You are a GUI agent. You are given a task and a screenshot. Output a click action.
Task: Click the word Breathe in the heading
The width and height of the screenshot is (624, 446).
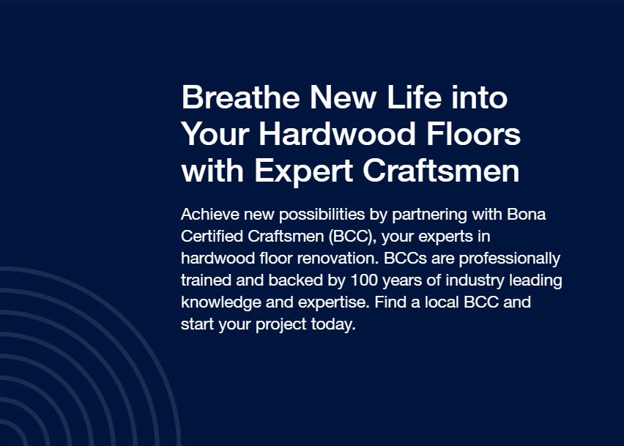241,97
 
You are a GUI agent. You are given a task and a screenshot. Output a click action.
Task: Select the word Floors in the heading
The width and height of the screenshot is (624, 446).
473,134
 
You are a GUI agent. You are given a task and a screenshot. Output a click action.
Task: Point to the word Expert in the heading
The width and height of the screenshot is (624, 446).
303,171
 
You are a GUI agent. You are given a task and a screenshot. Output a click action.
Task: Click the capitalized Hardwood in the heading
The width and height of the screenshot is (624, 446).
338,134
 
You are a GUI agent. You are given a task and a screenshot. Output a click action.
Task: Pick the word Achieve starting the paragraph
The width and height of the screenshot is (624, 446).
210,215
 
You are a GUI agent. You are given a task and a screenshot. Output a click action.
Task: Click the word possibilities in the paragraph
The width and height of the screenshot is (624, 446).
322,215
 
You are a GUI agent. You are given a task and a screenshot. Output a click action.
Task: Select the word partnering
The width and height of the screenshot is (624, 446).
429,215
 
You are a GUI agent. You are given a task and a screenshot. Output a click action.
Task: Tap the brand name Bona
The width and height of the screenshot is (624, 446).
526,215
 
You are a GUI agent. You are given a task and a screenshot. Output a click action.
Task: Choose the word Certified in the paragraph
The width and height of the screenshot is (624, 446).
212,237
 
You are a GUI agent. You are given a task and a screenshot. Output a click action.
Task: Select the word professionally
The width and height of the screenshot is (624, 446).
510,259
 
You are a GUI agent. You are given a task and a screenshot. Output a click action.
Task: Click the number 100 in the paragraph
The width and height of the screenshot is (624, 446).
364,280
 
